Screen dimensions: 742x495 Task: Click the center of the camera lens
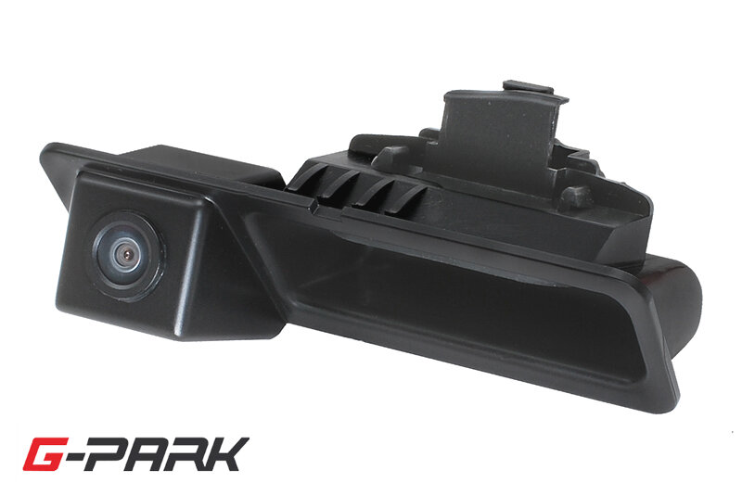point(126,256)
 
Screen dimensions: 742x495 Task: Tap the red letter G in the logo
point(43,455)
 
